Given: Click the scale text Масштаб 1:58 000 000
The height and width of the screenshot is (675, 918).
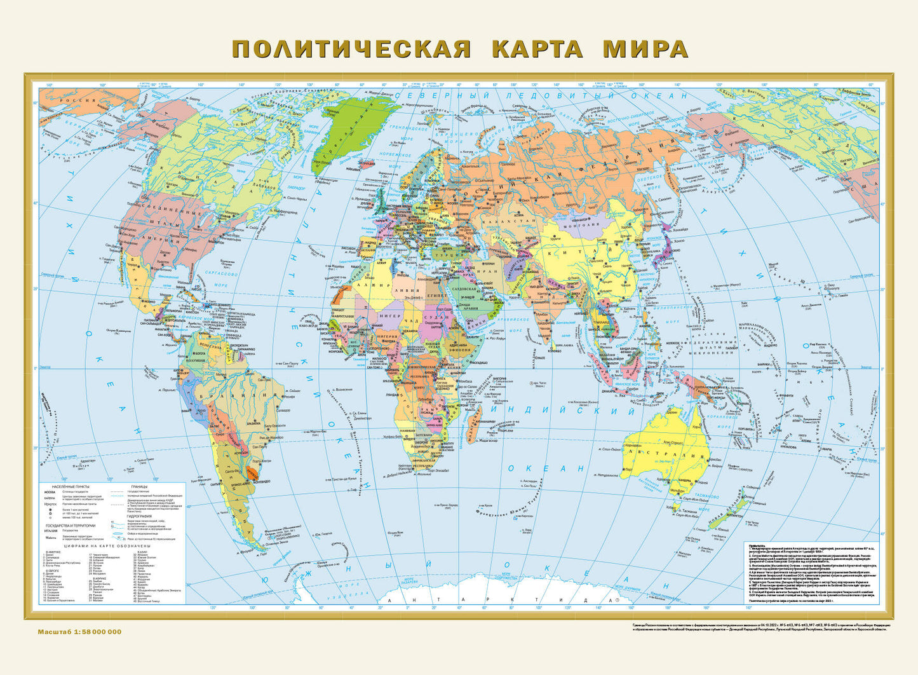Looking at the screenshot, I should coord(79,631).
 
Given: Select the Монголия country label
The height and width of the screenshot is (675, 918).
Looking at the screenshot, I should coord(588,225).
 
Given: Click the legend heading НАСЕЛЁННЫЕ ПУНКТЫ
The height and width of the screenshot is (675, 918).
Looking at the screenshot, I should coord(67,486).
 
